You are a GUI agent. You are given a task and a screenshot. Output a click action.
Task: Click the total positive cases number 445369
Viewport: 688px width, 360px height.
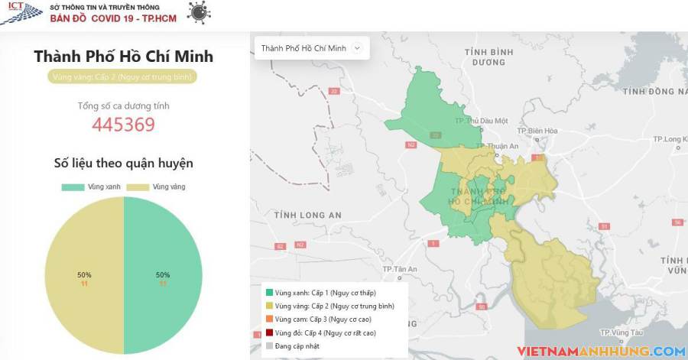click(124, 125)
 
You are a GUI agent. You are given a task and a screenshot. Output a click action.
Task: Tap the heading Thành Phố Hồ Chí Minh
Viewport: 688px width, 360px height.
click(124, 57)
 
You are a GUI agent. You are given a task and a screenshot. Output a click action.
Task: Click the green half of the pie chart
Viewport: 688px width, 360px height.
click(163, 275)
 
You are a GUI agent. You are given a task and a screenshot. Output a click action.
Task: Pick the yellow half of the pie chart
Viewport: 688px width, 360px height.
click(84, 275)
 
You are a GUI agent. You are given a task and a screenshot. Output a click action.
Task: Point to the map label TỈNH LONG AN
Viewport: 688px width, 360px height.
click(308, 216)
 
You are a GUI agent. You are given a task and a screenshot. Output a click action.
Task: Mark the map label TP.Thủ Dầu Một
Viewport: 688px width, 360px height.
click(481, 121)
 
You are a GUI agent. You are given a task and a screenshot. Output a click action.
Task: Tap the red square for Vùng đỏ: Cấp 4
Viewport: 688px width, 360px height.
click(269, 333)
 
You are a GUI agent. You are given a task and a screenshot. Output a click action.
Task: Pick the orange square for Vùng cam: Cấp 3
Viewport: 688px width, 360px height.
click(269, 319)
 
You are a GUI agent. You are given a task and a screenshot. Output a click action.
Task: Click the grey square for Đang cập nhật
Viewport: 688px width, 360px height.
click(269, 346)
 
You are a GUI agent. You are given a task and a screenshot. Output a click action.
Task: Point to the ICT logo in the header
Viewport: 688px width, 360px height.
click(21, 12)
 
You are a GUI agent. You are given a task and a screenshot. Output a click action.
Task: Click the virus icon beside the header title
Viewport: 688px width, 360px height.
click(200, 12)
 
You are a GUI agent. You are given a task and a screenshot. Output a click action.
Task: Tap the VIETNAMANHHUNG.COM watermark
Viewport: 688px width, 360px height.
click(601, 352)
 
